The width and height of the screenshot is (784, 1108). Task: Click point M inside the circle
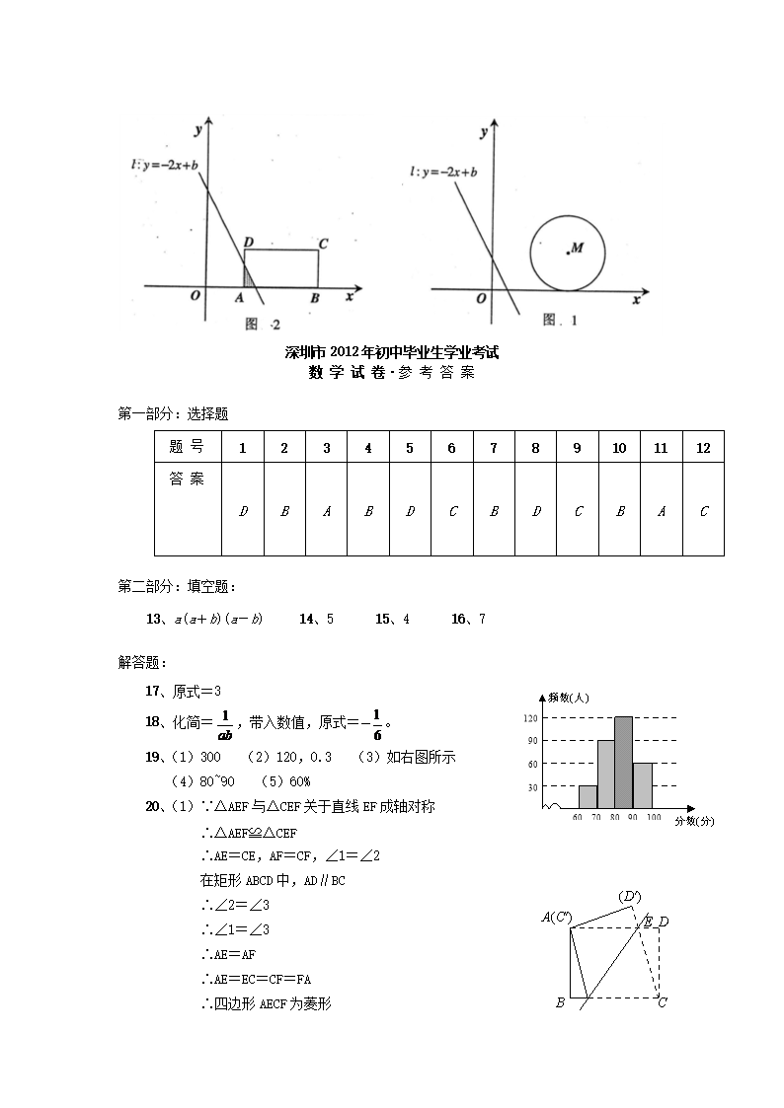click(569, 253)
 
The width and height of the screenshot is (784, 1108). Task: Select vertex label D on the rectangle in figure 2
click(249, 241)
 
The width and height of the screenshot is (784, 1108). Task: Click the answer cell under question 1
click(243, 511)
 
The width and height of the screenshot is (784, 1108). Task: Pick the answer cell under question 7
click(494, 511)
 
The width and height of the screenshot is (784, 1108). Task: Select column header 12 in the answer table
click(703, 448)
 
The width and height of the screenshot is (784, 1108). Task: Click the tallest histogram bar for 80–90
click(623, 763)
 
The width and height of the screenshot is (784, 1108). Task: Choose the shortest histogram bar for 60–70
click(588, 797)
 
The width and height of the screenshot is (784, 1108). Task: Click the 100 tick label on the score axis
click(654, 819)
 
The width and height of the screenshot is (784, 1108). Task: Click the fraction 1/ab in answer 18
click(225, 723)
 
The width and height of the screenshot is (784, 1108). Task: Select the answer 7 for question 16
click(482, 619)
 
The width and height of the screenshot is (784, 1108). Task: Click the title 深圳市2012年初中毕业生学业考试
click(391, 352)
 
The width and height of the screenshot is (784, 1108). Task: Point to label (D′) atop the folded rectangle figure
click(629, 897)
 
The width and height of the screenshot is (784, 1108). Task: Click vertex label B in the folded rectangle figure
click(560, 1002)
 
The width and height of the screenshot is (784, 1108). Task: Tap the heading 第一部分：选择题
click(174, 414)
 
